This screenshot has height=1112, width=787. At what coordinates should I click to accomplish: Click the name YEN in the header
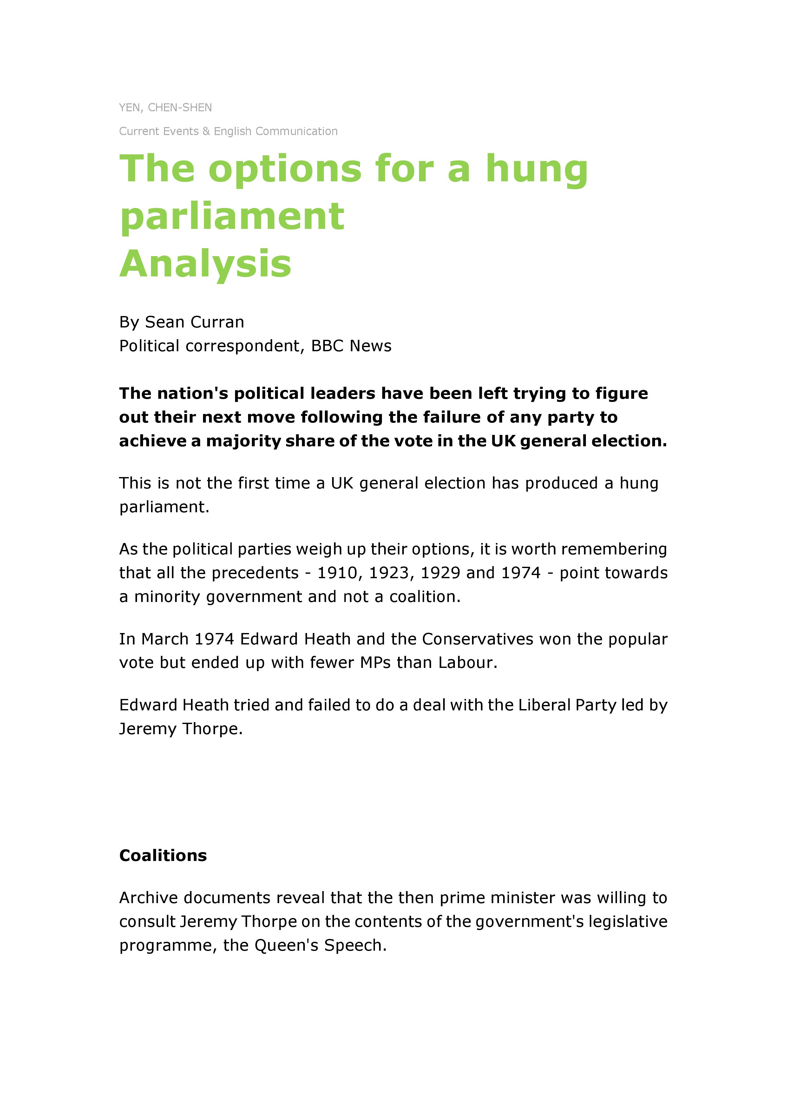coord(130,107)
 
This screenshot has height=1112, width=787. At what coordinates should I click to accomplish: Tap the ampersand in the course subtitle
coord(207,131)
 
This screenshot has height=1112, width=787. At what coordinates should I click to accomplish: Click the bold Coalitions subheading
coord(163,856)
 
